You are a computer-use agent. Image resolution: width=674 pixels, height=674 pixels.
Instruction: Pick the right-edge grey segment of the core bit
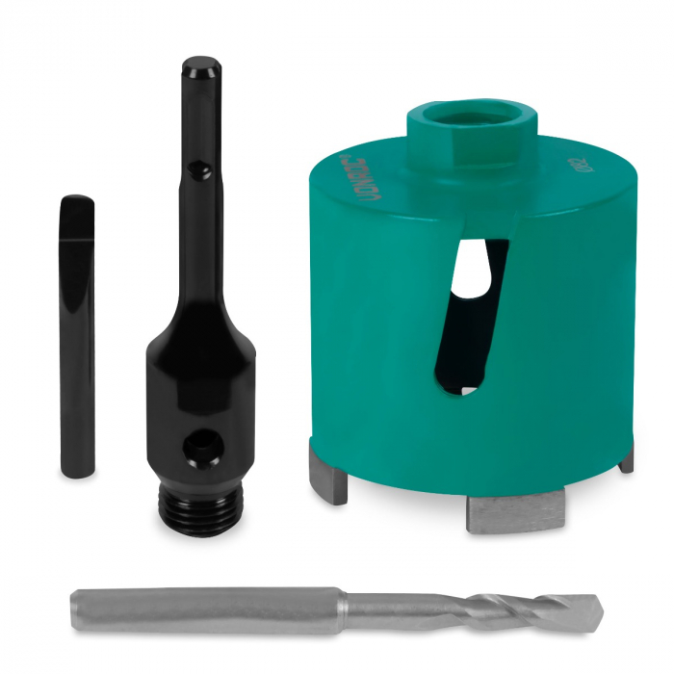pyautogui.click(x=627, y=460)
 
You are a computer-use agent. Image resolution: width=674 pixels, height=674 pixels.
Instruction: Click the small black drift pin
pyautogui.click(x=77, y=337)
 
